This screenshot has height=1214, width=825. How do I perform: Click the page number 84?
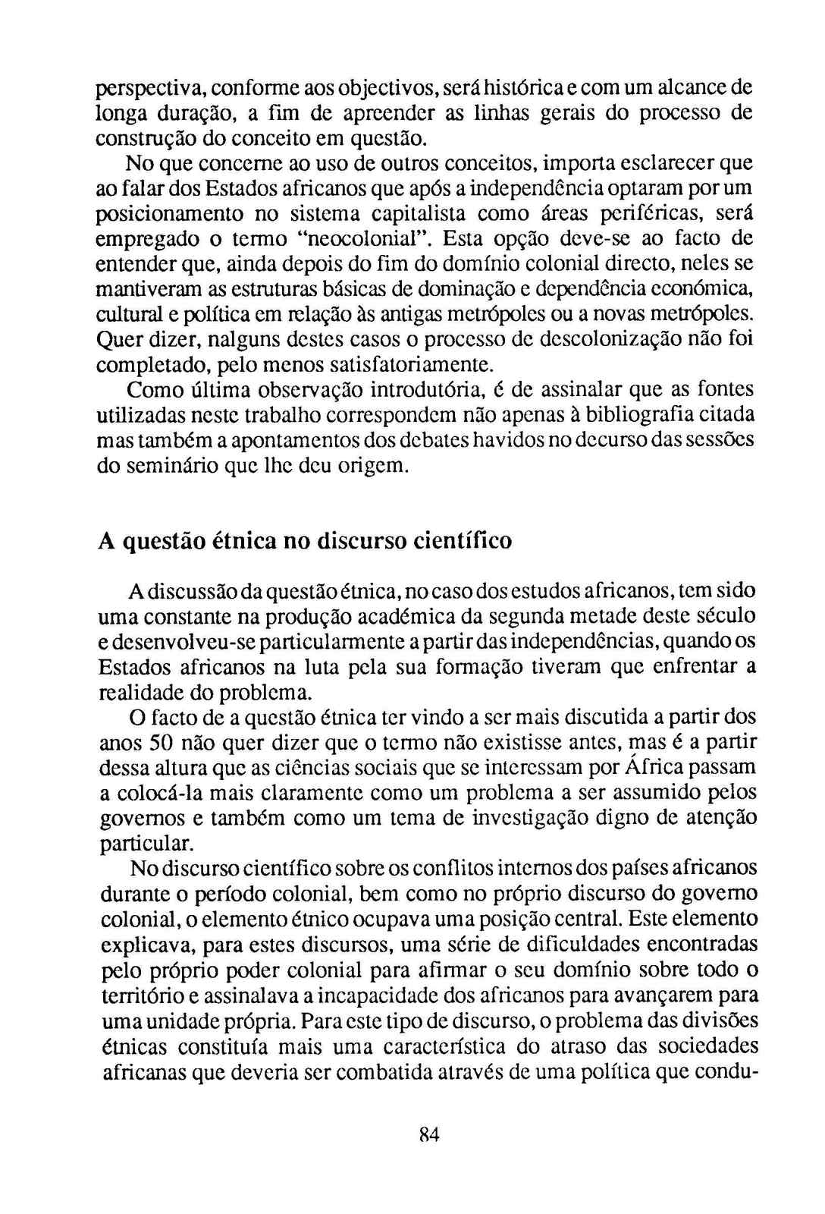point(429,1135)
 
